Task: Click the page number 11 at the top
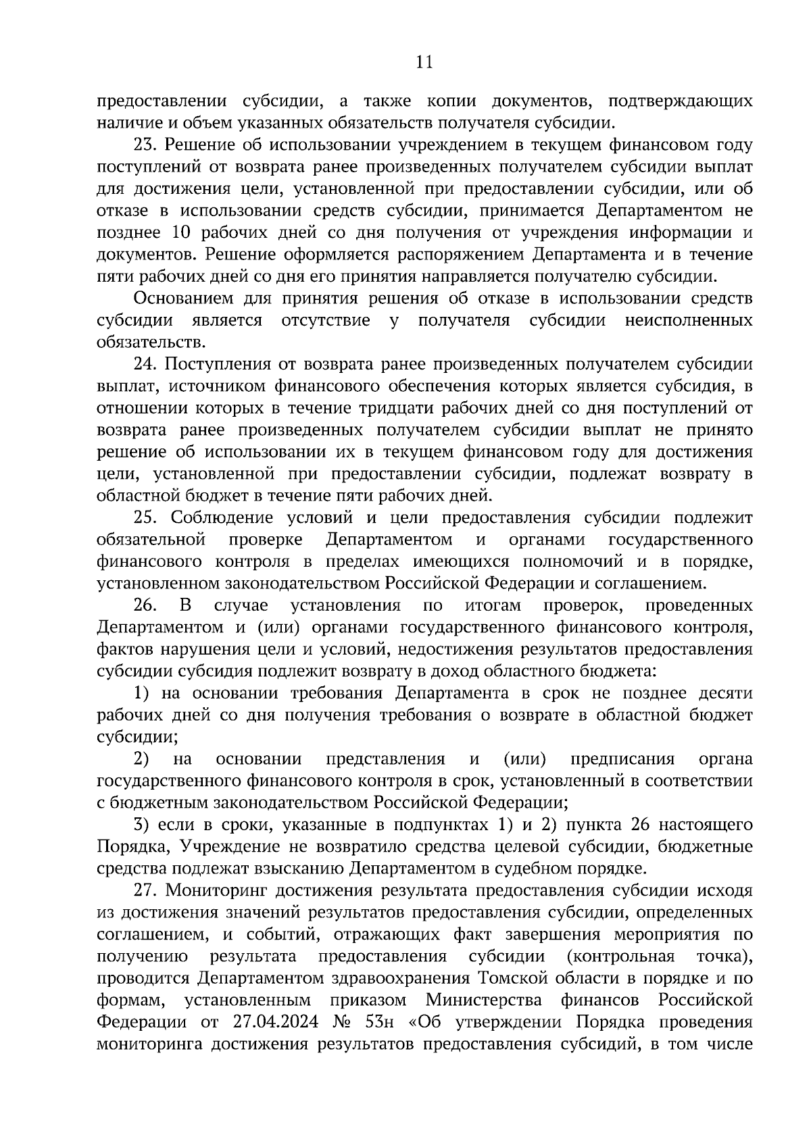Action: [x=424, y=63]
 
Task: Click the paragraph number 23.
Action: [x=145, y=145]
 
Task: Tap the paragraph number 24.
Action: [x=145, y=365]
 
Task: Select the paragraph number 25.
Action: [x=146, y=518]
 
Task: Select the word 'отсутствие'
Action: [x=326, y=320]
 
